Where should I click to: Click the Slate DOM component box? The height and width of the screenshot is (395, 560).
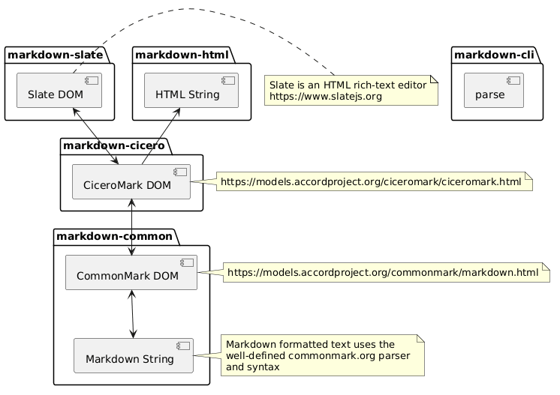[x=59, y=90]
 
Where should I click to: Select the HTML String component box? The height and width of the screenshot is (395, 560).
[x=191, y=90]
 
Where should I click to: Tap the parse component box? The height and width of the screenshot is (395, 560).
[x=494, y=90]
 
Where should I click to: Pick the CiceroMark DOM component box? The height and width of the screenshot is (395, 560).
[x=131, y=181]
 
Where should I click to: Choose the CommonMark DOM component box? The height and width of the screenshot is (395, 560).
[x=131, y=272]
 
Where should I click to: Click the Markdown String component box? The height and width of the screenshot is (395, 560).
[x=133, y=355]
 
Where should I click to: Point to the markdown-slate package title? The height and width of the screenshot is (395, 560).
[x=56, y=55]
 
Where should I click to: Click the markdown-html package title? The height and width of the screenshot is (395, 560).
[x=182, y=55]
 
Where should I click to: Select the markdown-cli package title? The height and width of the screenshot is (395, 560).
[x=494, y=55]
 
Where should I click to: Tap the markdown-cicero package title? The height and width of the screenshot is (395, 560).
[x=114, y=145]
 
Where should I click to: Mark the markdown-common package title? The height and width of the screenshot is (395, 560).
[x=114, y=236]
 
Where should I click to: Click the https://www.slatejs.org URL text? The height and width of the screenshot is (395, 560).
[x=326, y=97]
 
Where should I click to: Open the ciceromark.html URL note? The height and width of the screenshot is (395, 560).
[x=375, y=182]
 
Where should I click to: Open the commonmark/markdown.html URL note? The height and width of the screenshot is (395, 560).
[x=386, y=273]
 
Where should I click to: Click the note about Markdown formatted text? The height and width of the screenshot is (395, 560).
[x=323, y=355]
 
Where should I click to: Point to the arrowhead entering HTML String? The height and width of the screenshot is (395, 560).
[x=176, y=112]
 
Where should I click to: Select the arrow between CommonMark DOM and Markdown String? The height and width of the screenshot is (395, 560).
[x=133, y=314]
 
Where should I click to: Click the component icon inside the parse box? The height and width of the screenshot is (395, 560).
[x=513, y=80]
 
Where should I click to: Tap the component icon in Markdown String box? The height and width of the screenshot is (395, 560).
[x=183, y=346]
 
